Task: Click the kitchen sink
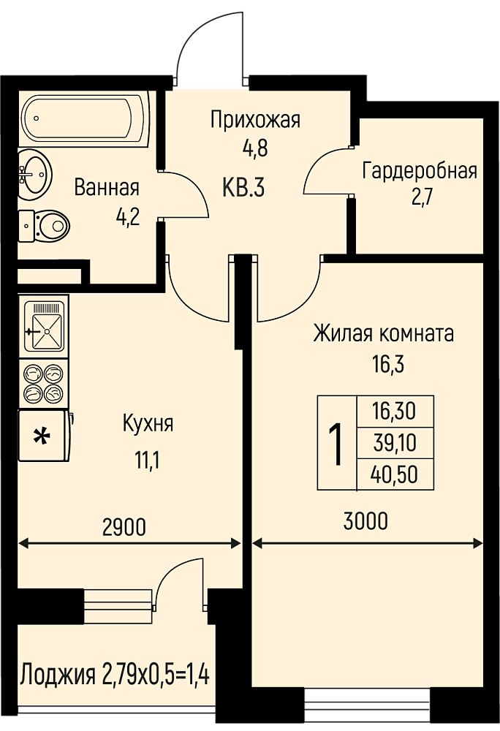[44, 326]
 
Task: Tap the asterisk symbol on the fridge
[42, 437]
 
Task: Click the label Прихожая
[255, 120]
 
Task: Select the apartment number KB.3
[243, 189]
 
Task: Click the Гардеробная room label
[420, 170]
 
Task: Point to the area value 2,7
[423, 197]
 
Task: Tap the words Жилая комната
[384, 334]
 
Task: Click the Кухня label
[148, 424]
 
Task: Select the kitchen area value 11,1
[147, 461]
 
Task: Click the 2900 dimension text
[124, 527]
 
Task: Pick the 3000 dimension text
[365, 521]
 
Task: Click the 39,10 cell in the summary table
[395, 443]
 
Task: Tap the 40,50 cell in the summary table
[395, 474]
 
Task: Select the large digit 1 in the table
[336, 444]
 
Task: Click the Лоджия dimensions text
[115, 674]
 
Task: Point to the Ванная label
[107, 187]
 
